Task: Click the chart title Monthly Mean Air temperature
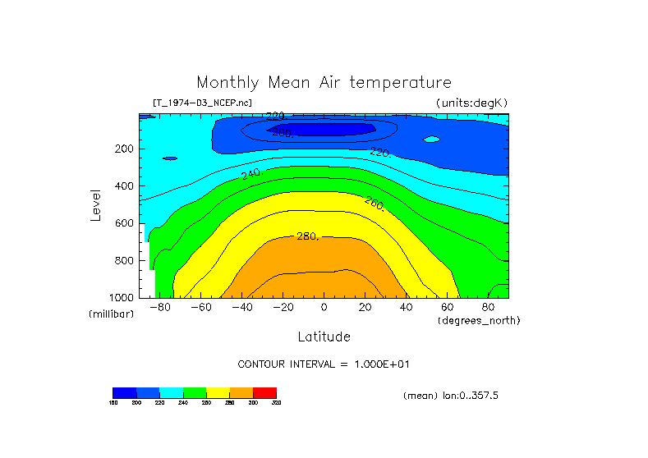point(324,83)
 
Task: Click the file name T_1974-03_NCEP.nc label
point(202,103)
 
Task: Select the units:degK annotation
point(472,103)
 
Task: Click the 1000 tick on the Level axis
point(122,297)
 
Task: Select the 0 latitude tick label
point(324,307)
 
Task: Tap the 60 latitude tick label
point(448,307)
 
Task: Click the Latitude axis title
point(324,337)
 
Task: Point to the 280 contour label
point(307,236)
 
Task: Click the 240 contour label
point(251,173)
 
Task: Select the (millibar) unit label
point(112,314)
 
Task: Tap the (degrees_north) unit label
point(479,320)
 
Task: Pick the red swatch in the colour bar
point(265,392)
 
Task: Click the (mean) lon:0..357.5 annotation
point(451,395)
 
